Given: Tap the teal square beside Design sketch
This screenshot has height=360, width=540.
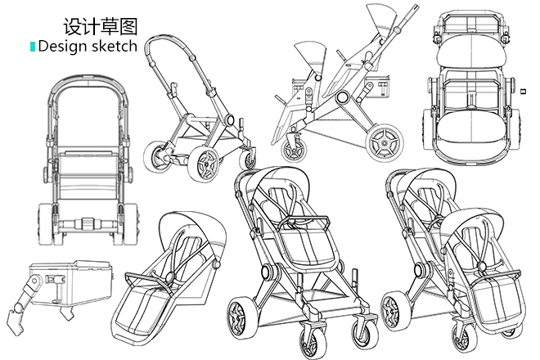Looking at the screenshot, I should click(x=33, y=47).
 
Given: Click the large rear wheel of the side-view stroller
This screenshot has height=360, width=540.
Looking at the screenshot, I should click(x=384, y=145).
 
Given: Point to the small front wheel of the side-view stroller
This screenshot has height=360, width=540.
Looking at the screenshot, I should click(x=292, y=149).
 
